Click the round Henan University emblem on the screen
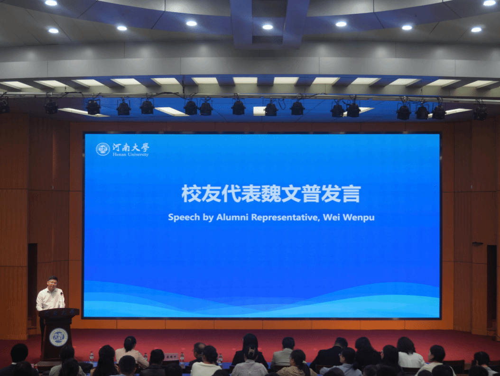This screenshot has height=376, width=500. (x=103, y=149)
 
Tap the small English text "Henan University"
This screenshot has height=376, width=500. (x=131, y=155)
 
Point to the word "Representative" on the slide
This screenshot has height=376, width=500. (x=285, y=217)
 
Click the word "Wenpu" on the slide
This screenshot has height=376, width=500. (x=359, y=218)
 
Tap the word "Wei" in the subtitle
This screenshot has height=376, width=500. (x=331, y=217)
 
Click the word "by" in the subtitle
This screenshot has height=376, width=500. (x=208, y=218)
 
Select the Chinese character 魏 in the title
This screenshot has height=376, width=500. (x=271, y=193)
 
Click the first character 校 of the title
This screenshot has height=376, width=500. (x=191, y=193)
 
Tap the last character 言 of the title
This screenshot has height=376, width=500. (x=351, y=193)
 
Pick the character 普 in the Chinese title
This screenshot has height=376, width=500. (x=311, y=193)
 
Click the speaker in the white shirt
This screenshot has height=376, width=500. (x=50, y=295)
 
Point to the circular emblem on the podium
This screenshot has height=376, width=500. (x=58, y=337)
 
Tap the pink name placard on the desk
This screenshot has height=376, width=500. (x=171, y=357)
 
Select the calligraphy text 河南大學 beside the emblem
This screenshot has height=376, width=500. (x=131, y=147)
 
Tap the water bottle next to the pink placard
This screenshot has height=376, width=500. (x=182, y=358)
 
